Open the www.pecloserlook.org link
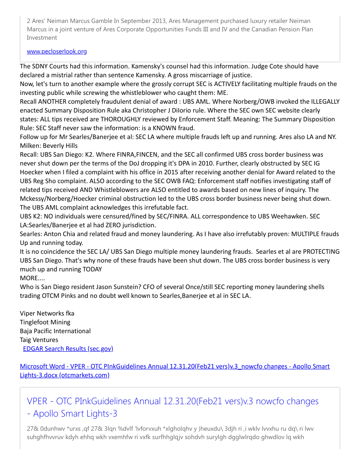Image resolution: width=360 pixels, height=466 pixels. (x=56, y=51)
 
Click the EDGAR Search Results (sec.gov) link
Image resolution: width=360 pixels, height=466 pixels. (x=68, y=349)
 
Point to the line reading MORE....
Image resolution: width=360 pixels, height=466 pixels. (x=32, y=278)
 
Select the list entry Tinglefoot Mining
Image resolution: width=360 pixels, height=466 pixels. (x=45, y=322)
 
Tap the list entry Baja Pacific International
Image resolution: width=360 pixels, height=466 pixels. (x=55, y=331)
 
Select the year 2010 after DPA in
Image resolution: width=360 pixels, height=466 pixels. (x=208, y=163)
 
